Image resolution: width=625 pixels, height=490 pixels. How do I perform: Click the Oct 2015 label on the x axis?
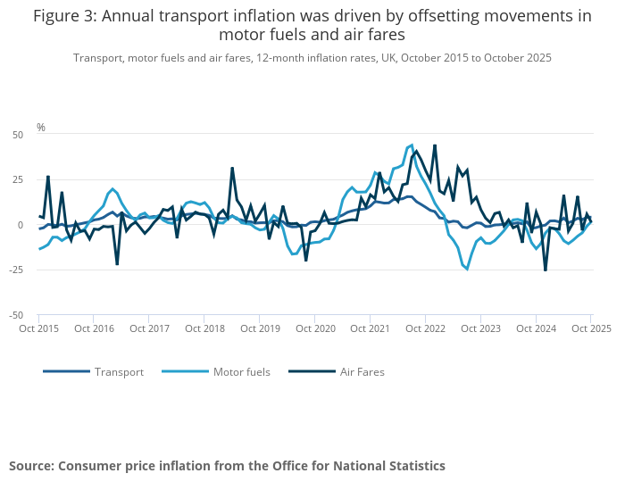[39, 328]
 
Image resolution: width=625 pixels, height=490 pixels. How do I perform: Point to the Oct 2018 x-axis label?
[204, 328]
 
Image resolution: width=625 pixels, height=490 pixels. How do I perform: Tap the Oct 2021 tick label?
[371, 328]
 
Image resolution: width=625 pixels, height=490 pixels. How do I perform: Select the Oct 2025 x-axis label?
[590, 328]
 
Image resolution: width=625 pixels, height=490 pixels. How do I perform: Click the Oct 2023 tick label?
[480, 328]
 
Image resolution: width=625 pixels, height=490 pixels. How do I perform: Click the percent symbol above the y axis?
[41, 128]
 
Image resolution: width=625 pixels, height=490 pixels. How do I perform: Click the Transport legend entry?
[119, 371]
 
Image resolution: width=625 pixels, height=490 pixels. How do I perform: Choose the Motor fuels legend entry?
[241, 371]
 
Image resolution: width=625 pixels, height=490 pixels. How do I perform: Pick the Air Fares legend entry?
[362, 371]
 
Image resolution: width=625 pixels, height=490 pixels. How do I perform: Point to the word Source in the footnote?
[31, 466]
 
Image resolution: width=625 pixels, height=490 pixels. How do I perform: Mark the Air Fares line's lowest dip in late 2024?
[546, 270]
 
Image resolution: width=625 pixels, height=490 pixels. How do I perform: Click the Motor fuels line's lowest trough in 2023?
[467, 269]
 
